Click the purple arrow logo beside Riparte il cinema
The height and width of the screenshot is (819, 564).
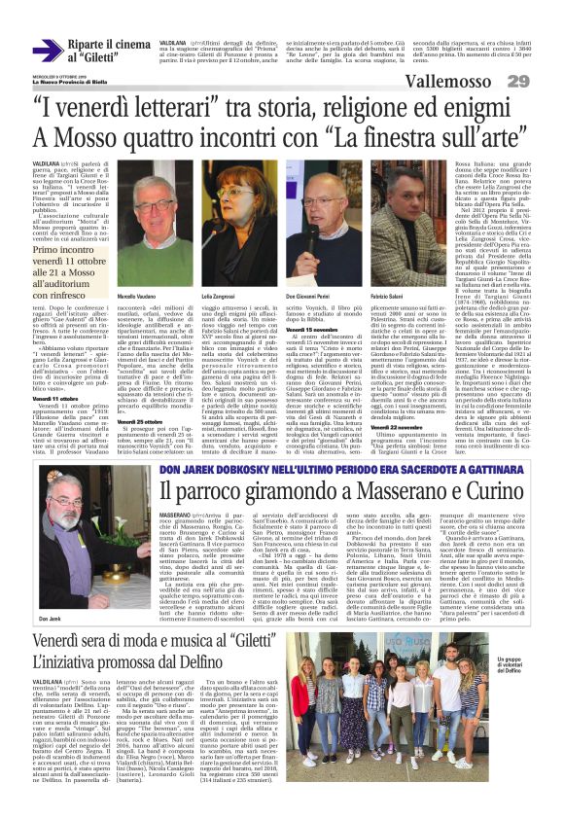pos(48,51)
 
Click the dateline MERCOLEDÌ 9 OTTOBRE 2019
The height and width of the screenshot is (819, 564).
pos(56,72)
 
